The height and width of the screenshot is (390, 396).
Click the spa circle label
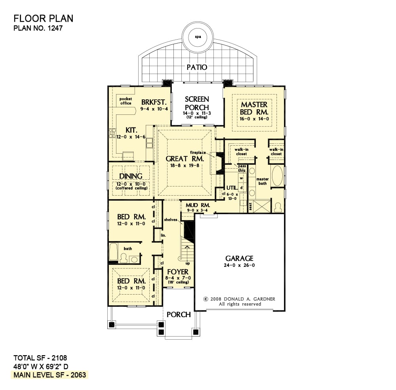coord(198,37)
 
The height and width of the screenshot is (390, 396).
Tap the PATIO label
coord(197,67)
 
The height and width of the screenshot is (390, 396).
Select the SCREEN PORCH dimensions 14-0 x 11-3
coord(197,113)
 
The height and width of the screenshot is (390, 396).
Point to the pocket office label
coord(126,101)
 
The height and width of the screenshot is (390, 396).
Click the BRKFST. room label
coord(154,102)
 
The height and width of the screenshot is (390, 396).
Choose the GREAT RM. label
coord(185,159)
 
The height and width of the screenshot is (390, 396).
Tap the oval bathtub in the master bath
coord(277,176)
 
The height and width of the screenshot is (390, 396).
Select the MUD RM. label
coord(198,205)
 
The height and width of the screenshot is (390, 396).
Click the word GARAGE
coord(239,259)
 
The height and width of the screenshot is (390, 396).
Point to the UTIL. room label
coord(232,188)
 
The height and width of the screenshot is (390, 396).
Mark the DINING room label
coord(131,176)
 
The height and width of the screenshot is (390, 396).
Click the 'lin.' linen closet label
coord(164,235)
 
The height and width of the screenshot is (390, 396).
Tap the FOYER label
coord(178,272)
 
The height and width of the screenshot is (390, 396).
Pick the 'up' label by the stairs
coord(188,263)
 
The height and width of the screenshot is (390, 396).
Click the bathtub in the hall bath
coord(113,251)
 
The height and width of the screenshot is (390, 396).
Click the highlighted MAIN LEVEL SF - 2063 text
coord(50,375)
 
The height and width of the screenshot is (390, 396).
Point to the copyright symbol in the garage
coord(206,299)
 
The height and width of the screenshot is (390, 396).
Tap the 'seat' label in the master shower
coord(250,206)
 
